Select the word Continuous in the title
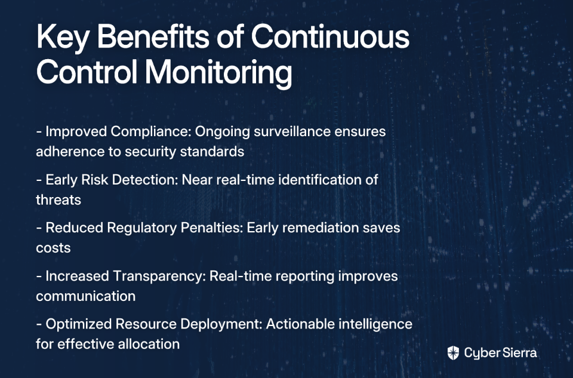tap(330, 36)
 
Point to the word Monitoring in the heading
tap(218, 73)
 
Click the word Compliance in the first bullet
tap(151, 132)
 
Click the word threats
tap(58, 200)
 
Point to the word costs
tap(53, 248)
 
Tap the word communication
tap(86, 296)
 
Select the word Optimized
tap(79, 324)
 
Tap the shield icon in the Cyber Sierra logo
tap(453, 353)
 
